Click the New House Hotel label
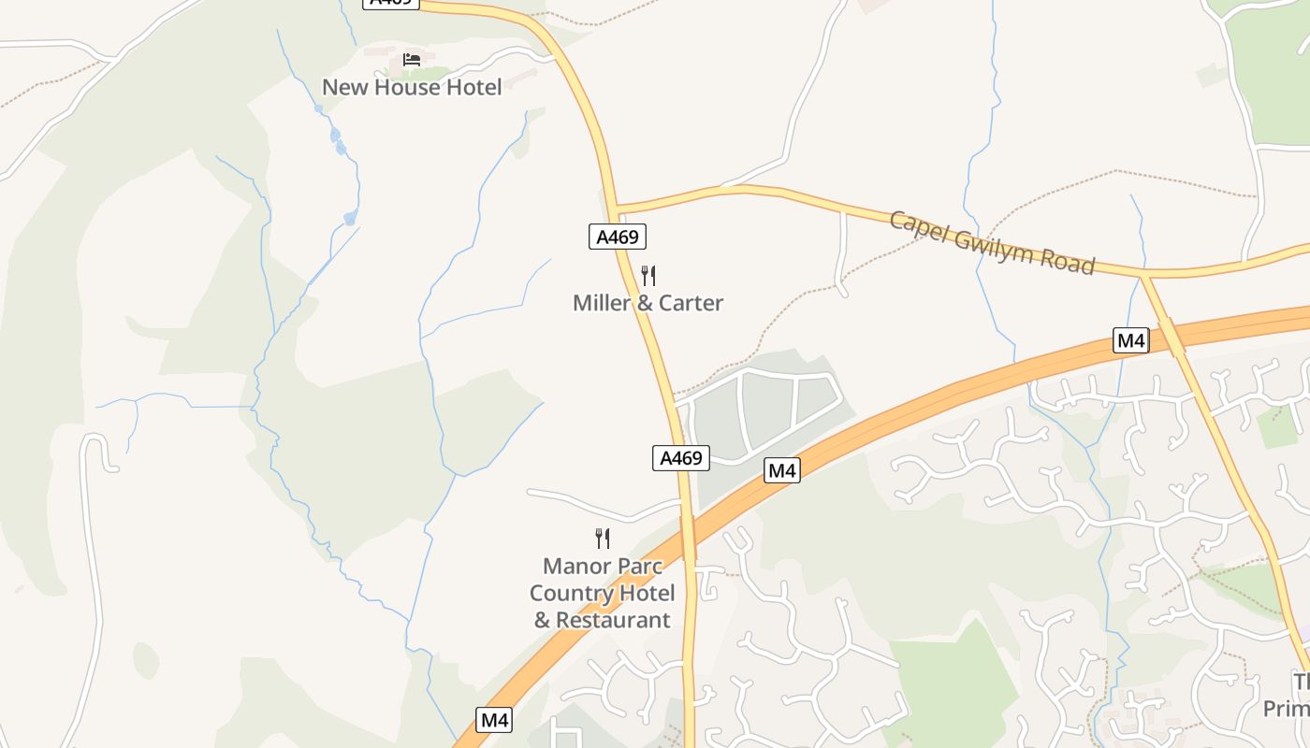[x=412, y=87]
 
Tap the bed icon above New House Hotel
[x=412, y=60]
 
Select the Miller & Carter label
[x=648, y=303]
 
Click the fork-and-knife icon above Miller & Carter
[x=648, y=276]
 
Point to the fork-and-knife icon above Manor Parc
[x=603, y=539]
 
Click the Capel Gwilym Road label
[x=991, y=242]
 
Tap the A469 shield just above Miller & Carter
[x=618, y=237]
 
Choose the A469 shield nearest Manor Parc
[x=680, y=458]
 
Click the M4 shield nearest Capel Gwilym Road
[x=1131, y=340]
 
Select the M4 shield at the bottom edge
[x=494, y=720]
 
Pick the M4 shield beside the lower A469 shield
[x=782, y=470]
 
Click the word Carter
[x=691, y=303]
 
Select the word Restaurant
[x=613, y=620]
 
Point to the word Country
[x=570, y=594]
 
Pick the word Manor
[x=576, y=567]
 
